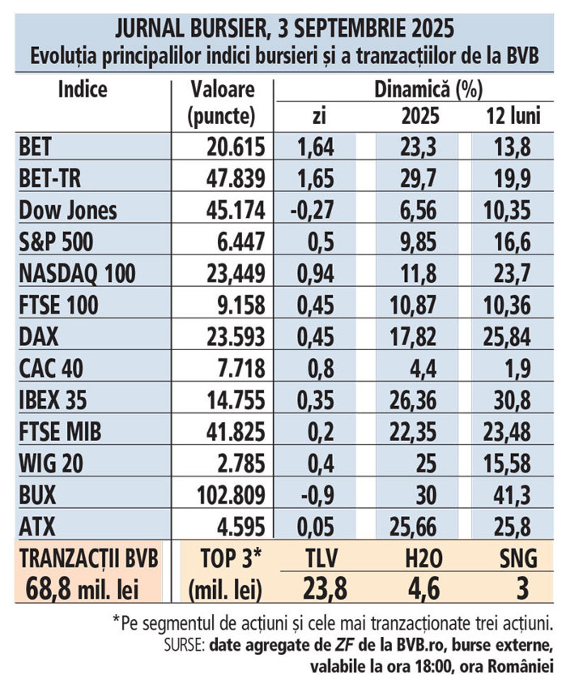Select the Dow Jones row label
coord(68,211)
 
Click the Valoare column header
coord(222,90)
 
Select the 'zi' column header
coord(318,117)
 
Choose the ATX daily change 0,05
coord(317,527)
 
